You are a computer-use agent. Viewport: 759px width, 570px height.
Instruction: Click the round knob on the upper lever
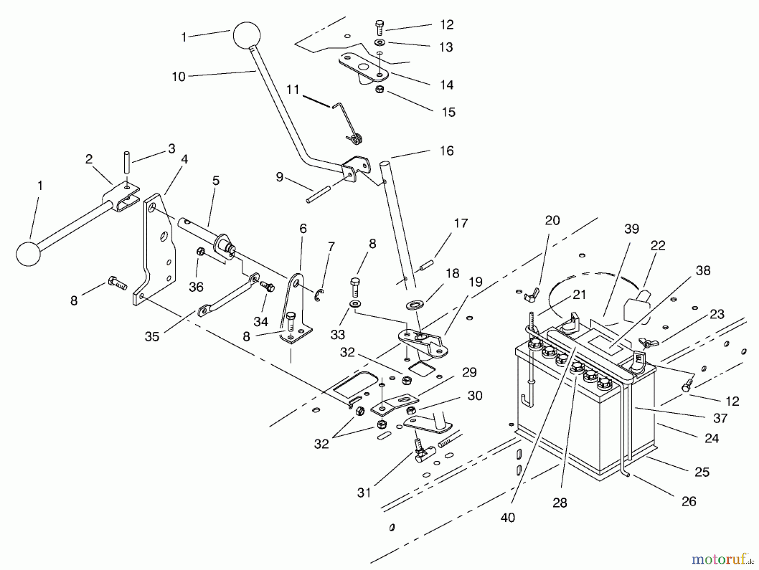pos(247,35)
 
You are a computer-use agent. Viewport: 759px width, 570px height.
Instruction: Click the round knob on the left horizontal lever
pos(28,254)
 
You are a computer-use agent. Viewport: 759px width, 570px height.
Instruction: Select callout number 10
pos(179,77)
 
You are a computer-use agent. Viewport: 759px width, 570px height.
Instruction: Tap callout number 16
pos(447,151)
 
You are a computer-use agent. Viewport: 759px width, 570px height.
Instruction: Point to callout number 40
pos(508,517)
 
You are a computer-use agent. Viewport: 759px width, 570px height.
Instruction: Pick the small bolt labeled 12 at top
pos(379,27)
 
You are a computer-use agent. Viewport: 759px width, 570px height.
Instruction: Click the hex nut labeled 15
pos(379,90)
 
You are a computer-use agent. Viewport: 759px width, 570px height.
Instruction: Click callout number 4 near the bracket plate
pos(184,159)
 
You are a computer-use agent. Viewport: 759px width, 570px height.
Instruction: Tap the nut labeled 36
pos(201,252)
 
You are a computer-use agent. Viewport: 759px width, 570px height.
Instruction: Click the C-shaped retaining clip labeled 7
pos(319,295)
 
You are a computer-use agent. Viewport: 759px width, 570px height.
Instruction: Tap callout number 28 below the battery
pos(560,503)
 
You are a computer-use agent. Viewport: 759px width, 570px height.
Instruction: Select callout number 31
pos(364,492)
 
